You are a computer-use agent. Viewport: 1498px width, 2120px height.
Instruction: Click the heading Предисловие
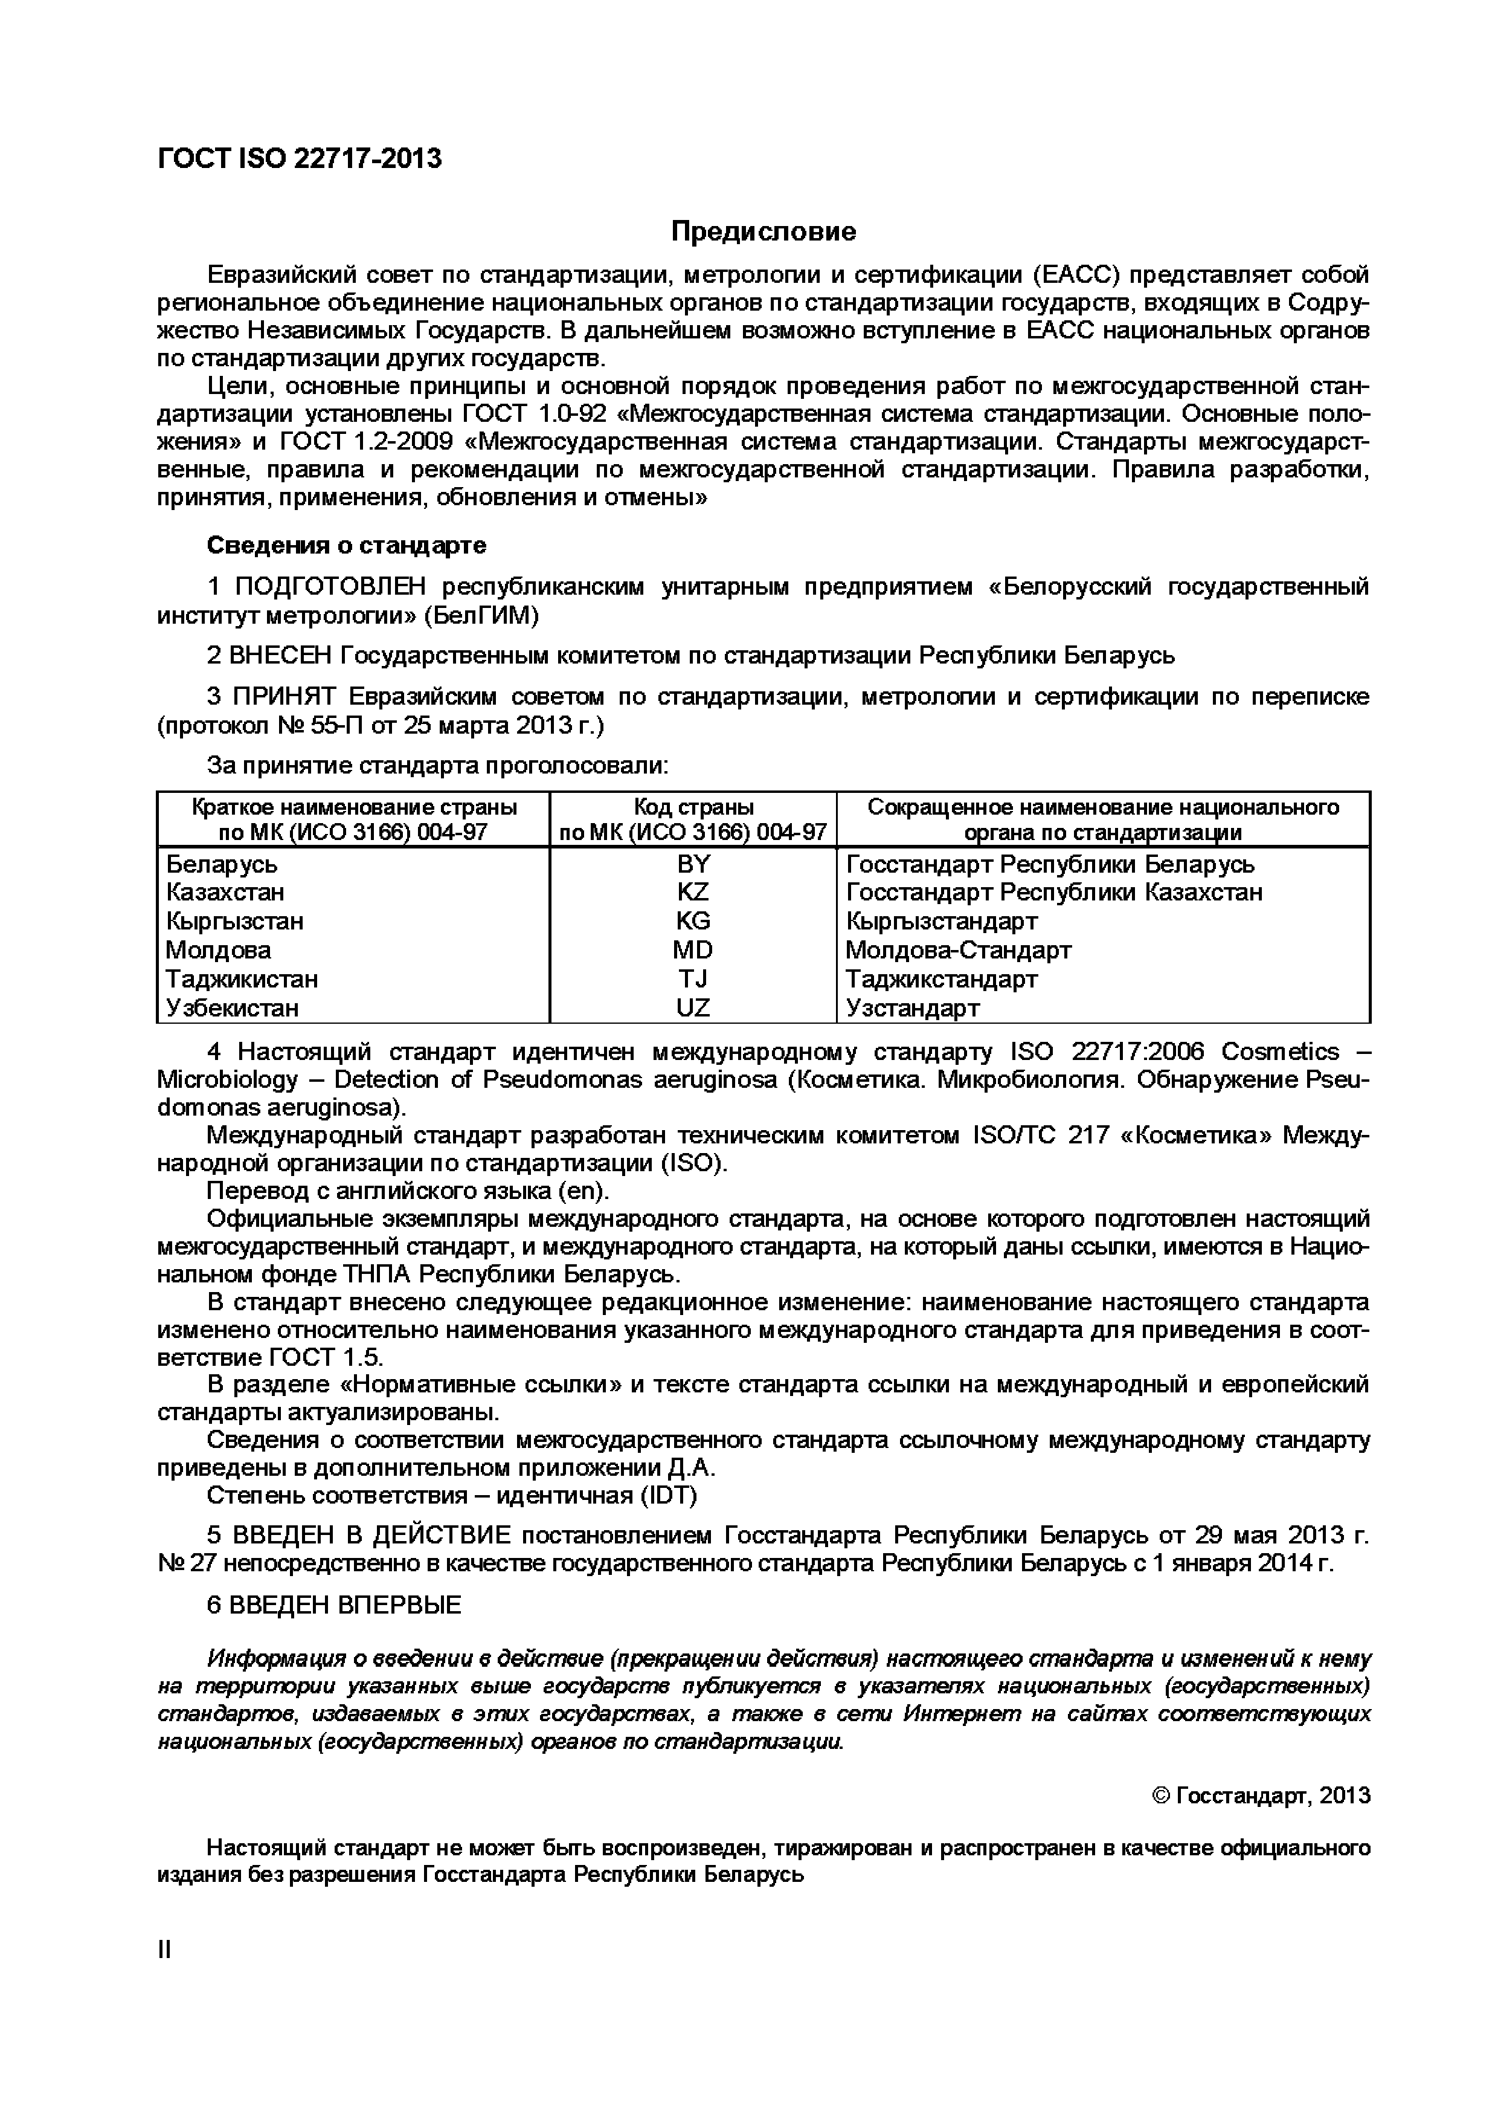(763, 231)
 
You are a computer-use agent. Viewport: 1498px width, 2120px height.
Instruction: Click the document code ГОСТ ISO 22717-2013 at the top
(300, 160)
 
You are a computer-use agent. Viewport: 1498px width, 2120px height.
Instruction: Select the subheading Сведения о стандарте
(346, 546)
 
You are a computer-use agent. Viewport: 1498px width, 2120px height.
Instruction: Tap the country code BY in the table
(693, 864)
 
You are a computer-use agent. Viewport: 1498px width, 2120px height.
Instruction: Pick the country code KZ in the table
(693, 893)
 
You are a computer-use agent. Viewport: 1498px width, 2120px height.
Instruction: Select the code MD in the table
(693, 950)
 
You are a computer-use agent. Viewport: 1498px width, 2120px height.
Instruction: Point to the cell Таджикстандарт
(942, 979)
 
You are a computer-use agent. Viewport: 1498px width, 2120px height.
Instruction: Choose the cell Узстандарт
(912, 1008)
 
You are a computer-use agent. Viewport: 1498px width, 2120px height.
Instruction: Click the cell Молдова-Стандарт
(958, 950)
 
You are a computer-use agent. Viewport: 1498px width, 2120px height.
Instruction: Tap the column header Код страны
(693, 807)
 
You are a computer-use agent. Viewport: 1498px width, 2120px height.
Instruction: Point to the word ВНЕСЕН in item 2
(278, 656)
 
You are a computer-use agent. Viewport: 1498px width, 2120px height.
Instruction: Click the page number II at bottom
(164, 1949)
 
